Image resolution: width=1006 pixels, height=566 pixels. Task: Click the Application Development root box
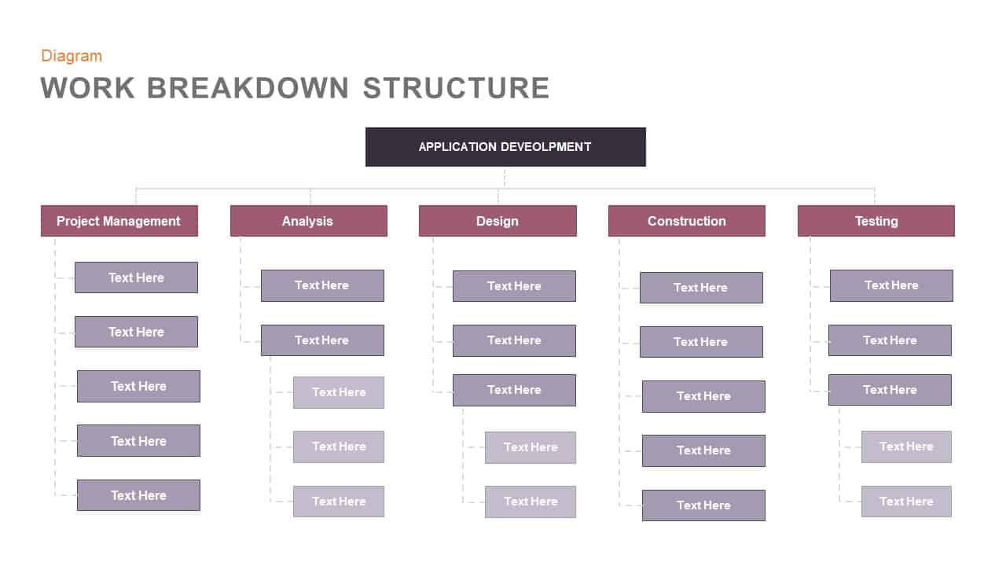coord(505,147)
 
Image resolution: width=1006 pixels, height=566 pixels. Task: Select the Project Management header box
coord(119,221)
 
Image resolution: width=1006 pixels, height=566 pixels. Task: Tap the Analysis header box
coord(308,221)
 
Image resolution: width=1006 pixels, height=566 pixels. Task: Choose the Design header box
coord(497,221)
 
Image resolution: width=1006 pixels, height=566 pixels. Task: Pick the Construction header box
coord(686,221)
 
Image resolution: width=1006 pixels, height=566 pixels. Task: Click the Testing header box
coord(876,221)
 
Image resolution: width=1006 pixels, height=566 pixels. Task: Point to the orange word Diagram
coord(72,56)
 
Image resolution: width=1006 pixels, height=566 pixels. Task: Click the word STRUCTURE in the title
coord(456,87)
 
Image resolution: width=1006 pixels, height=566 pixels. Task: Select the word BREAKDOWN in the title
coord(248,87)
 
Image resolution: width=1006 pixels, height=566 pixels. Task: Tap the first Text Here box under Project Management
coord(136,277)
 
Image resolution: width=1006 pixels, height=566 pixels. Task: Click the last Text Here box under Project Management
coord(138,495)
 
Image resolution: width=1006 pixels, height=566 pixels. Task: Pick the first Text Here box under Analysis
coord(322,285)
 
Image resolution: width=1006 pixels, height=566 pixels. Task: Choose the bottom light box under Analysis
coord(339,502)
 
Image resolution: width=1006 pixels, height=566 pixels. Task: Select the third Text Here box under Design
coord(514,390)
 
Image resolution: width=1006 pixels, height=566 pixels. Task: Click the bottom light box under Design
coord(531,502)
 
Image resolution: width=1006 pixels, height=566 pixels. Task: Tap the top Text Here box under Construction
coord(701,288)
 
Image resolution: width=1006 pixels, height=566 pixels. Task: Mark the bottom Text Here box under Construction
coord(703,505)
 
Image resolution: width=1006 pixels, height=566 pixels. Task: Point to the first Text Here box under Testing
coord(891,285)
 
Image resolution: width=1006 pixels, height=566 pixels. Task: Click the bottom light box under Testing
coord(906,502)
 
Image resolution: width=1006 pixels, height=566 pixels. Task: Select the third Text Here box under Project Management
coord(138,386)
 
